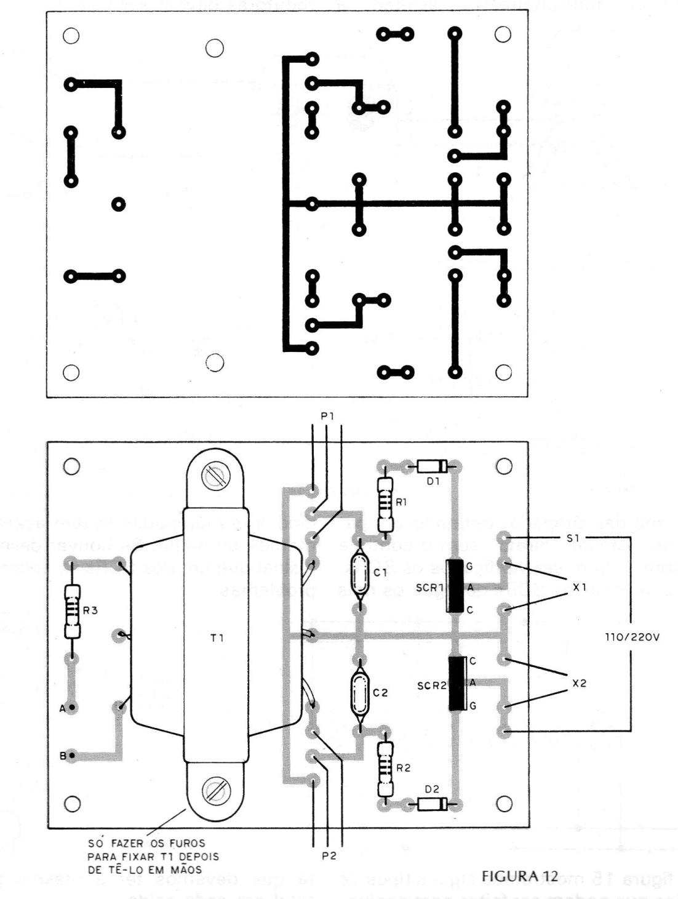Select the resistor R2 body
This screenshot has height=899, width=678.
386,766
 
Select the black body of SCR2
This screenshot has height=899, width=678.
457,683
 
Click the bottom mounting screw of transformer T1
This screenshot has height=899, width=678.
217,789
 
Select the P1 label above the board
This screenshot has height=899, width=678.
327,417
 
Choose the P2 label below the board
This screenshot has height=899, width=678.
329,856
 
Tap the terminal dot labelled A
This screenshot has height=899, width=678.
73,708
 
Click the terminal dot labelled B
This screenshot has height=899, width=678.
73,755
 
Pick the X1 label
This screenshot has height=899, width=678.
579,587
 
